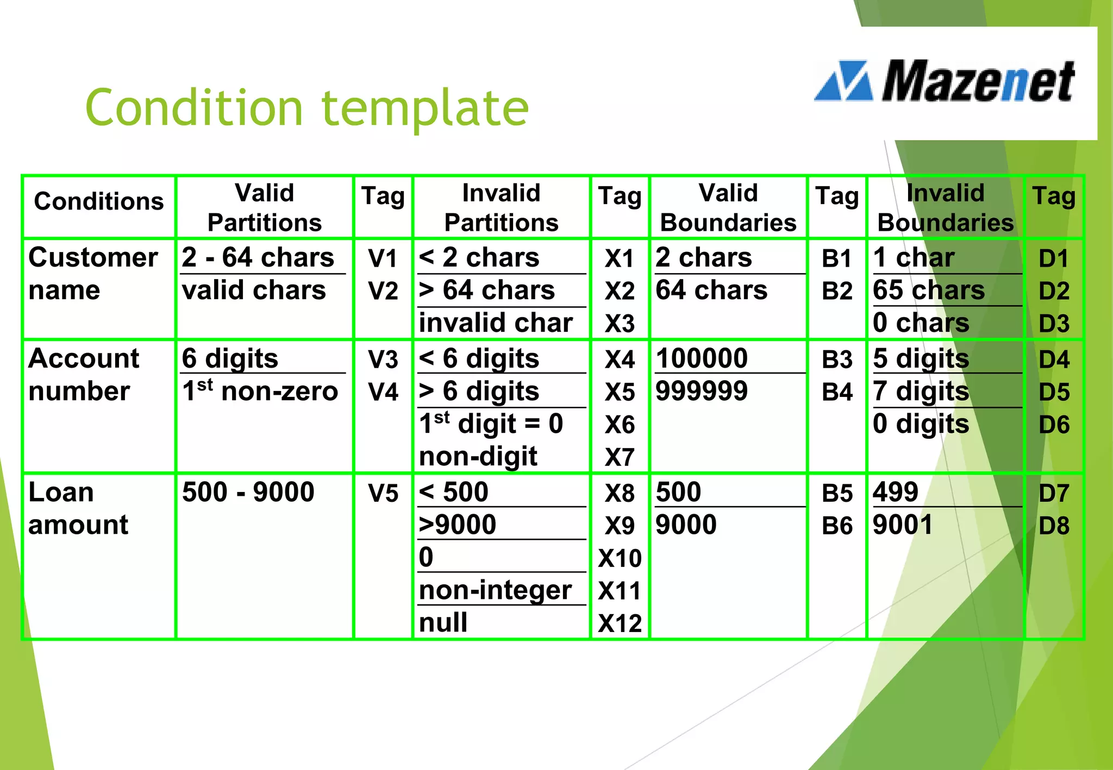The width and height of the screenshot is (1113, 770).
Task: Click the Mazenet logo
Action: [945, 81]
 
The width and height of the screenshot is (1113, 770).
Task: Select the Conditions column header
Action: [98, 201]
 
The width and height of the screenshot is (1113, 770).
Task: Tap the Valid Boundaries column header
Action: [728, 208]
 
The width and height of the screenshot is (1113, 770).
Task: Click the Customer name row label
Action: [92, 273]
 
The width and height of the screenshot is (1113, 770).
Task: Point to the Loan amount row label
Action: [78, 508]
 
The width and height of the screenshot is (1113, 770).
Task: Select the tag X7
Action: [620, 457]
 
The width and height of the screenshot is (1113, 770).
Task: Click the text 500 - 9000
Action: [248, 492]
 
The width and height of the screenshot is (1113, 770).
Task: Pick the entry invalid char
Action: [495, 323]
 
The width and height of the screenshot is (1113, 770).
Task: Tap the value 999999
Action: [701, 391]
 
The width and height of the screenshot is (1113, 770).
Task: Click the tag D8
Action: [1053, 526]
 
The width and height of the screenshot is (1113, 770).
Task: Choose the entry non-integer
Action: [495, 590]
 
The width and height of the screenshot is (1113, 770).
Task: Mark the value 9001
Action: [902, 525]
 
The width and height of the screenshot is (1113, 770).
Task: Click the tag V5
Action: [383, 494]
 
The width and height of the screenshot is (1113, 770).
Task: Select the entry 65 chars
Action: [928, 290]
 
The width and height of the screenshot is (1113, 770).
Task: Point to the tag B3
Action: [837, 359]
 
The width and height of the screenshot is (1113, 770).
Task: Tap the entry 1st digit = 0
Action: [491, 424]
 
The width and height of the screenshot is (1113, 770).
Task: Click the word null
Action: [443, 622]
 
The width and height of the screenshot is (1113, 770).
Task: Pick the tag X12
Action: [620, 623]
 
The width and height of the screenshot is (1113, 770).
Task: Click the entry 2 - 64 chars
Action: [258, 257]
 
